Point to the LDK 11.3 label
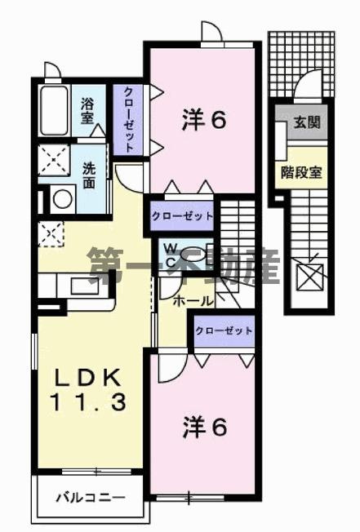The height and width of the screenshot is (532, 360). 89,389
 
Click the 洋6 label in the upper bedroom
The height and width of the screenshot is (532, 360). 203,120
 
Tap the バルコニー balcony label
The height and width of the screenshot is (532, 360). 90,496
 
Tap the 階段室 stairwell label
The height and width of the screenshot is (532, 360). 301,171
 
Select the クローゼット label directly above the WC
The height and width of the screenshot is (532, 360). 181,216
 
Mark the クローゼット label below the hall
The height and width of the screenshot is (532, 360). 223,331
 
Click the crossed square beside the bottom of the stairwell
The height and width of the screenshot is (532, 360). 312,277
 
